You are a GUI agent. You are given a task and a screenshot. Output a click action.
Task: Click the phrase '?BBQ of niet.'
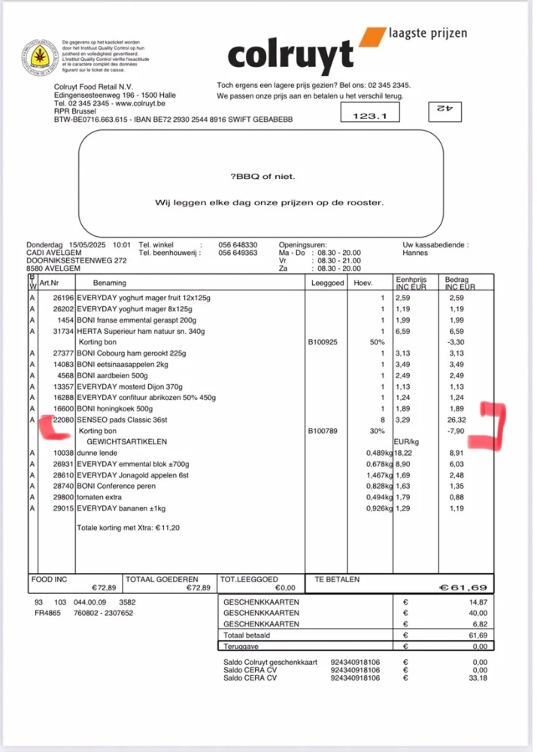[x=263, y=177]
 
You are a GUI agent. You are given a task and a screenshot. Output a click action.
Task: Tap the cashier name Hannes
[x=416, y=253]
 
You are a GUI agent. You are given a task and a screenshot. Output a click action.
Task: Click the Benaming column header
[x=110, y=284]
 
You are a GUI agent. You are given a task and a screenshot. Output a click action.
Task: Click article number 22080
[x=62, y=420]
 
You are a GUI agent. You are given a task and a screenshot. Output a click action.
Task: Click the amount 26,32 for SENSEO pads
[x=457, y=420]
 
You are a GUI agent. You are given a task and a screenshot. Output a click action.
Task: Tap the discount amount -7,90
[x=456, y=431]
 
